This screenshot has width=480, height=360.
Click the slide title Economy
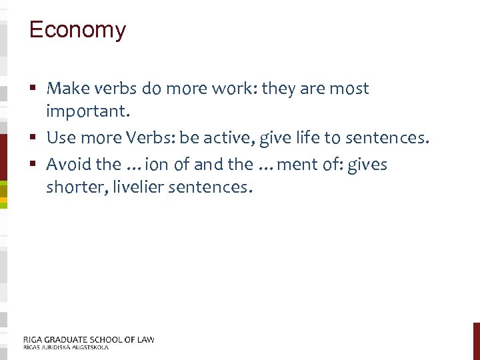(x=77, y=30)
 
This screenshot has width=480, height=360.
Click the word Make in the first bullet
(x=64, y=89)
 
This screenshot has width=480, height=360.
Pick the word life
(x=319, y=138)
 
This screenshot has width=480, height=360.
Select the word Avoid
(x=67, y=164)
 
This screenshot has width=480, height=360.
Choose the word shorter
(x=72, y=187)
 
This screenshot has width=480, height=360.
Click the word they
(x=280, y=89)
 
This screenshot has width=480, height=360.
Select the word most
(x=349, y=89)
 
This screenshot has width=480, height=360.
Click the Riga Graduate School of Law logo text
(x=89, y=339)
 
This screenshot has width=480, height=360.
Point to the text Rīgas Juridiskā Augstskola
(x=65, y=347)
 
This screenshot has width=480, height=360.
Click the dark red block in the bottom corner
(x=476, y=341)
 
